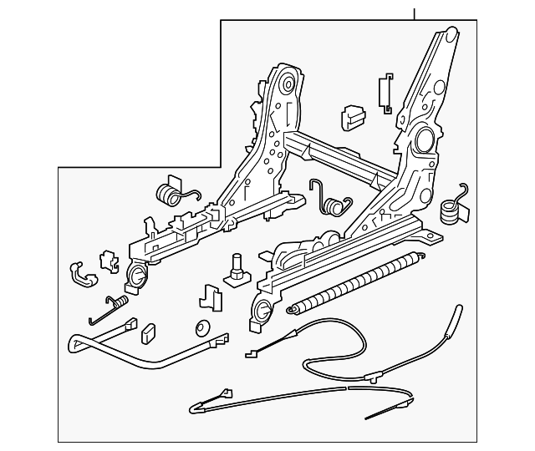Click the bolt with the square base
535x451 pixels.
click(x=237, y=271)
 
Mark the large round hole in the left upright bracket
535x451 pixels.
click(x=286, y=84)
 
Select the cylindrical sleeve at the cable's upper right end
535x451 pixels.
click(x=456, y=317)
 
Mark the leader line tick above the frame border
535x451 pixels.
click(x=414, y=12)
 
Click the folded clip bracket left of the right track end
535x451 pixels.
click(x=210, y=296)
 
